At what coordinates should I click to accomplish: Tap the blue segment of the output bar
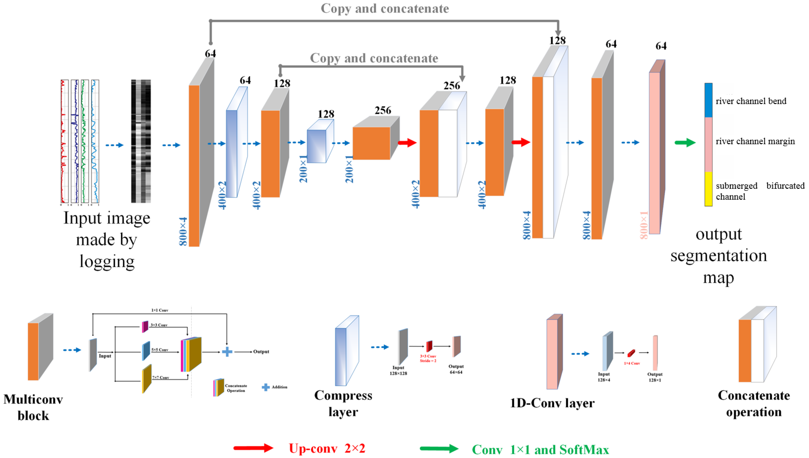point(708,100)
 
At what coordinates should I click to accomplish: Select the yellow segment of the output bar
point(708,189)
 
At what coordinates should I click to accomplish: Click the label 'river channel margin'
point(755,141)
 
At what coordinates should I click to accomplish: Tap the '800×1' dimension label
point(644,225)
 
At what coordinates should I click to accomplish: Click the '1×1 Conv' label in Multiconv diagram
point(160,310)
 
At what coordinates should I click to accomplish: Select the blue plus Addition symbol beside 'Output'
point(227,352)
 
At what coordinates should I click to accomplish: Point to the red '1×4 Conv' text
point(632,363)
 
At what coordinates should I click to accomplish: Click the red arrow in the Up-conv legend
point(253,448)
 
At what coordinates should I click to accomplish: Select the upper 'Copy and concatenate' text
point(384,8)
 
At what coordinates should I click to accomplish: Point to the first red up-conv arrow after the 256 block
point(407,143)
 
